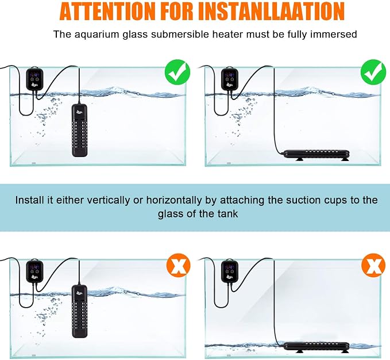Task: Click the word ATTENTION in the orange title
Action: (107, 11)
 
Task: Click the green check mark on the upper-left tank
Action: (177, 72)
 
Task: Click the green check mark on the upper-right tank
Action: (373, 72)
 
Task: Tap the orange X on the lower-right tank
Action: (373, 266)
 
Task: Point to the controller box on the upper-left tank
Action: (34, 78)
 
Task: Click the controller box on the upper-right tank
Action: (230, 78)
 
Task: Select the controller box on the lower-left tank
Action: (34, 271)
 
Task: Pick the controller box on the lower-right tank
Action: (230, 271)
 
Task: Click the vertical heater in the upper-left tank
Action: (80, 130)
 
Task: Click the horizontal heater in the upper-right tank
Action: (316, 155)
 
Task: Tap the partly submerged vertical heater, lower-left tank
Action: (80, 311)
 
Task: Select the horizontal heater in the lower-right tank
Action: (316, 347)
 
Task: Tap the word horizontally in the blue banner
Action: (174, 200)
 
